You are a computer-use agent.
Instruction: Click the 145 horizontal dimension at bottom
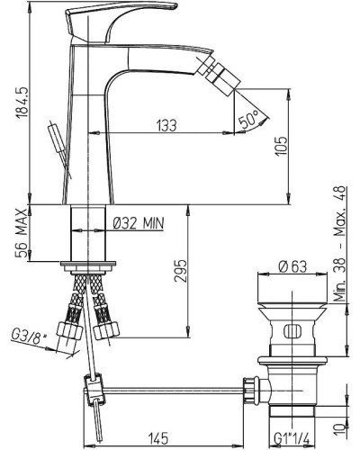(158, 439)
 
